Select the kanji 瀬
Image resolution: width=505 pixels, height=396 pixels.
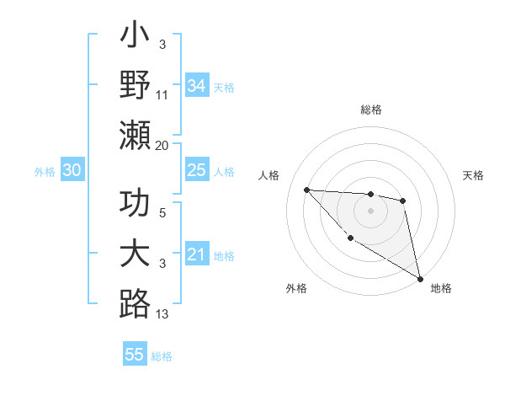135,135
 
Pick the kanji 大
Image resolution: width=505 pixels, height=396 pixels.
135,255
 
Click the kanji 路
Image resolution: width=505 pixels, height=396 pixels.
135,303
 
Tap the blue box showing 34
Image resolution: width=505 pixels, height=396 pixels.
196,86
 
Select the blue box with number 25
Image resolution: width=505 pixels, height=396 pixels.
196,171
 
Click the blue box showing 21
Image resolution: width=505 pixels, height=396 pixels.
196,254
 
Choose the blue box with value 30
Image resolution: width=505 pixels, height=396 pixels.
72,171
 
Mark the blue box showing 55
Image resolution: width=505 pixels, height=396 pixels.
135,355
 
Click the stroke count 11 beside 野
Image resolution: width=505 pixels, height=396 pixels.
163,96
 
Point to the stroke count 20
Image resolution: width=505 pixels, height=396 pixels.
163,145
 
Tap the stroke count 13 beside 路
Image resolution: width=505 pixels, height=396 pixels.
163,314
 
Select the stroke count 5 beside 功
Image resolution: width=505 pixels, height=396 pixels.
163,214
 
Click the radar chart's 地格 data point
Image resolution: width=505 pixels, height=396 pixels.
422,279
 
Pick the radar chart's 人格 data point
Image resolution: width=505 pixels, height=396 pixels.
307,190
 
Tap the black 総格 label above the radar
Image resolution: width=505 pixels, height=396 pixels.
370,110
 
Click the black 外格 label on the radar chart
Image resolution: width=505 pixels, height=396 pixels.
296,288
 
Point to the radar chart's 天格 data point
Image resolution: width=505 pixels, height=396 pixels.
403,201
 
